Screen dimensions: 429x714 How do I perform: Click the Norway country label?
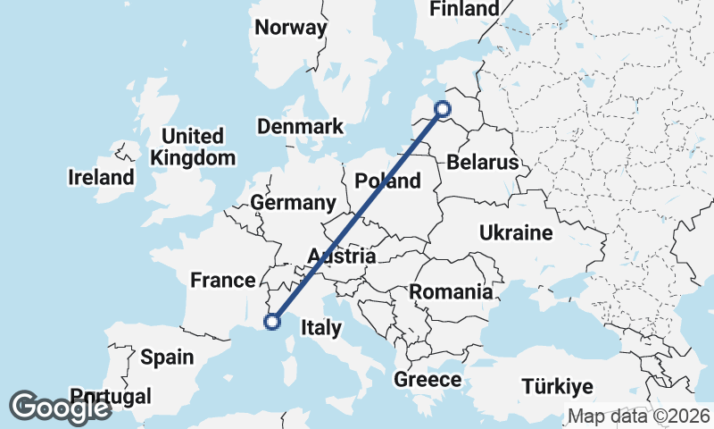291,27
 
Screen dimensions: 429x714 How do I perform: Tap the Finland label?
464,9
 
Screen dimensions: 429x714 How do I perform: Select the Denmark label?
300,127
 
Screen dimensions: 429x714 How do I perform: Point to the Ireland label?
101,178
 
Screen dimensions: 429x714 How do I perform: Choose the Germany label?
293,203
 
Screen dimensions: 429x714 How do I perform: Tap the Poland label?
387,181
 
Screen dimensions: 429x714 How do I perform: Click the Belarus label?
483,163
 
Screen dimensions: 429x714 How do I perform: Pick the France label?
223,281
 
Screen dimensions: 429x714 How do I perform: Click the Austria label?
341,257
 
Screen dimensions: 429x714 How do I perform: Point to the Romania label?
451,291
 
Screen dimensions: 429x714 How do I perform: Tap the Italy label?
320,328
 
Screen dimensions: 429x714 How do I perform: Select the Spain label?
167,357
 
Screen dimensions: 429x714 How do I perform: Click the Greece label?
428,380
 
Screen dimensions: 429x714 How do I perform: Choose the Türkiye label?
558,387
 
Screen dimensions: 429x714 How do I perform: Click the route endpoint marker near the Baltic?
444,110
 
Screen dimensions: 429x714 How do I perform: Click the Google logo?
61,408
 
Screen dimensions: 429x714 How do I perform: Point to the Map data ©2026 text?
639,416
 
